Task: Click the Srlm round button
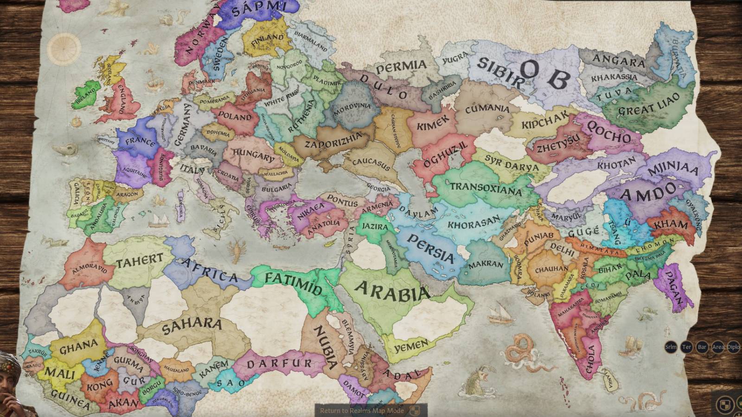(671, 347)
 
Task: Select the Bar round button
(702, 347)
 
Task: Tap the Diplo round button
(733, 347)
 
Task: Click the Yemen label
(411, 345)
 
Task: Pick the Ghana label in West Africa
(78, 346)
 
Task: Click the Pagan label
(674, 287)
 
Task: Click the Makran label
(486, 265)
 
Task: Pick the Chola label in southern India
(591, 359)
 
